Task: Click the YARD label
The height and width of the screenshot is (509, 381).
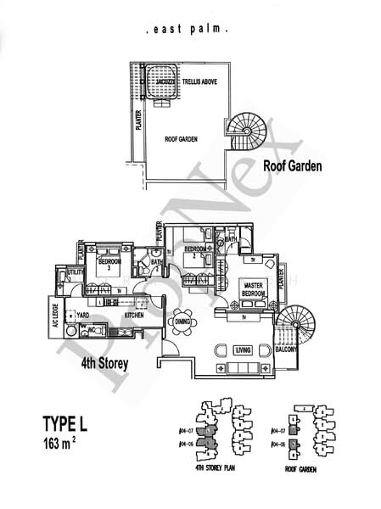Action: [x=83, y=315]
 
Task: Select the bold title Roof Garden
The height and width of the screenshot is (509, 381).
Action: [x=292, y=166]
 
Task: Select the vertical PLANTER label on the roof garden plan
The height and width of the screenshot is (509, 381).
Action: [x=138, y=127]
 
